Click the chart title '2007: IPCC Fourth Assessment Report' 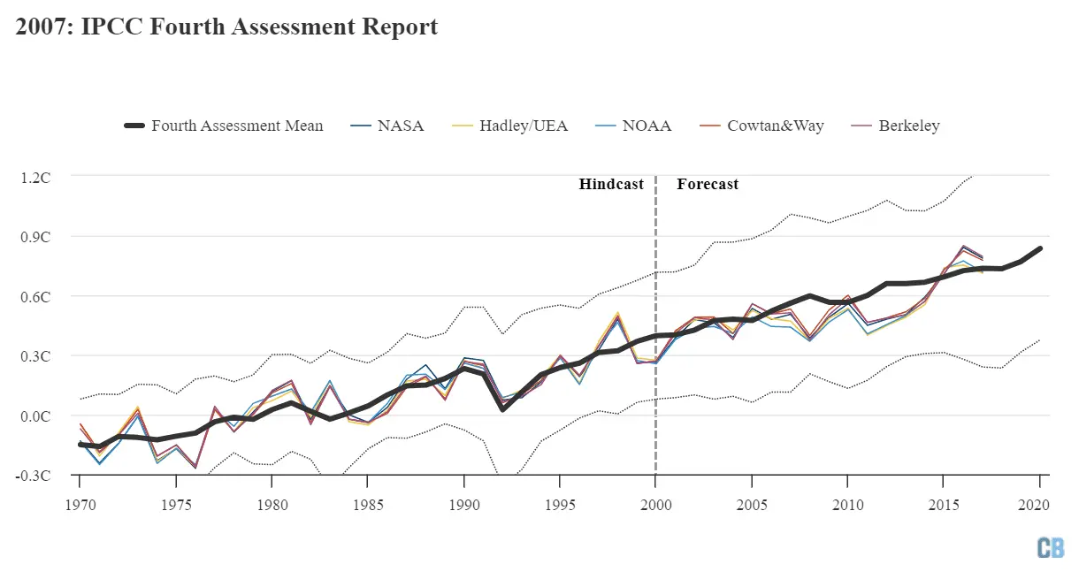point(226,27)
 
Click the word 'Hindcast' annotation point(611,184)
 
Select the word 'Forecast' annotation point(708,184)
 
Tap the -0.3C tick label point(34,475)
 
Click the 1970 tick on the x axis point(80,506)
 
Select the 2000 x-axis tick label point(655,506)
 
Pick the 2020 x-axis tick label point(1040,506)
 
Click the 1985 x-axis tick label point(368,506)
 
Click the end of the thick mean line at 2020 point(1040,248)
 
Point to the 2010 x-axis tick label point(848,506)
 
